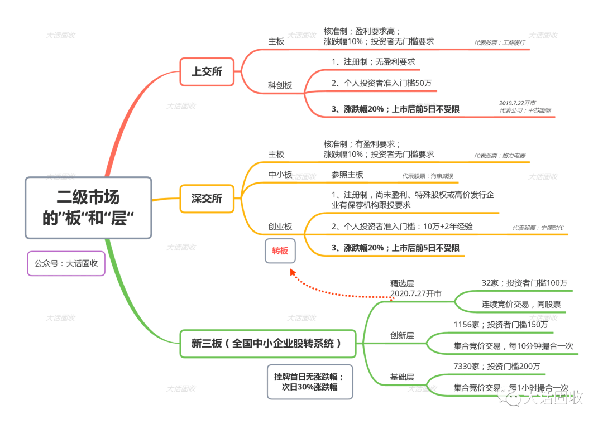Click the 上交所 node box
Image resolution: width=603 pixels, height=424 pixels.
(207, 71)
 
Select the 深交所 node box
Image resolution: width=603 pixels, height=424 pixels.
(207, 199)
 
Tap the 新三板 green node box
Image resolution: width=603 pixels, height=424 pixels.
(267, 344)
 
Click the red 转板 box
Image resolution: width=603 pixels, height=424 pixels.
(280, 251)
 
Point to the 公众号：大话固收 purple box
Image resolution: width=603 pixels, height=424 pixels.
(66, 263)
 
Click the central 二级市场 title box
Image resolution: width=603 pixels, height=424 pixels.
(88, 208)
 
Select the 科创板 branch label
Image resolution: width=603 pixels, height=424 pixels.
(280, 85)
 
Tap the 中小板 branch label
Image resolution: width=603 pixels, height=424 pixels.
(280, 175)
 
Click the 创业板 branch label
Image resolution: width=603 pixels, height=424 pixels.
(280, 227)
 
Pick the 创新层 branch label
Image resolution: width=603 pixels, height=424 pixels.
(402, 335)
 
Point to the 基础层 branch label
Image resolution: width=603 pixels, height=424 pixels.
(402, 378)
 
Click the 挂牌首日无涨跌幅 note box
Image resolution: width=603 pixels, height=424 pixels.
(310, 382)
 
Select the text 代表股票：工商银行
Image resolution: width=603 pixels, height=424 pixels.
(499, 42)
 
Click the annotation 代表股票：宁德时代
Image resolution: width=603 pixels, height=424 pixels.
(538, 228)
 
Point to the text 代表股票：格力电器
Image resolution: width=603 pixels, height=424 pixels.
(500, 156)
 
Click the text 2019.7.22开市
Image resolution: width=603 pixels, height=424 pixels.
(518, 103)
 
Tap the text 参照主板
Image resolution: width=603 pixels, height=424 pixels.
(347, 175)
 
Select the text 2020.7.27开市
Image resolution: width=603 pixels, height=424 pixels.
(416, 293)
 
